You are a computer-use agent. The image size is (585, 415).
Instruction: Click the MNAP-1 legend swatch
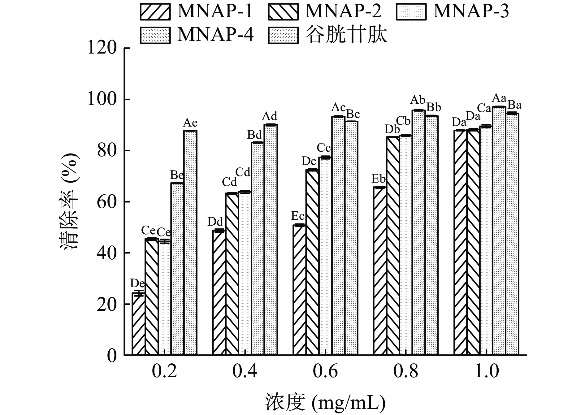click(155, 11)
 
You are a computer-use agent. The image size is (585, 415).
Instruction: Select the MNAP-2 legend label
click(343, 11)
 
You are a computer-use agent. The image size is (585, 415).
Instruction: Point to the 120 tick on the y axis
click(102, 48)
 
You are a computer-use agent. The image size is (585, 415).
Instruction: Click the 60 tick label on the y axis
click(106, 202)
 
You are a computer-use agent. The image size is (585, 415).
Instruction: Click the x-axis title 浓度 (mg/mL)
click(325, 402)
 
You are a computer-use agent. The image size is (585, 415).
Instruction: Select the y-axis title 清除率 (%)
click(70, 202)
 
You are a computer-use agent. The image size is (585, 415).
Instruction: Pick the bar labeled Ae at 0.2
click(190, 243)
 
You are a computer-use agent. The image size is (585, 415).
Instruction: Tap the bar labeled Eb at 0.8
click(380, 271)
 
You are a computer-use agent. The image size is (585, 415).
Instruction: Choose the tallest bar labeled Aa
click(499, 231)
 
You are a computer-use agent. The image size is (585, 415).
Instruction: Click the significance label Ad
click(270, 117)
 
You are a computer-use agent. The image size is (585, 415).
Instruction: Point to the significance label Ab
click(418, 100)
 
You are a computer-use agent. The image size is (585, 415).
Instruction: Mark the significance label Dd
click(215, 222)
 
